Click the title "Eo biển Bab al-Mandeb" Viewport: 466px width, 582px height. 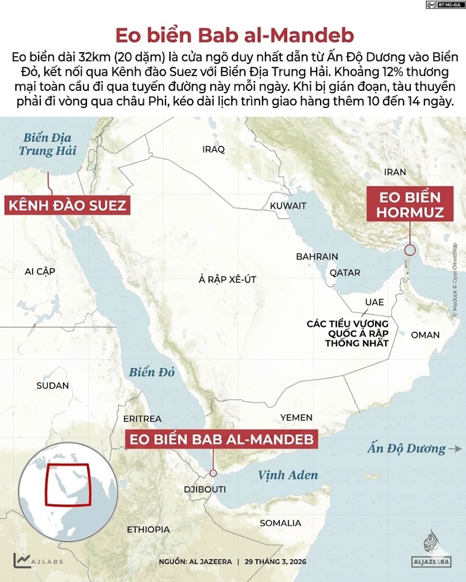[x=234, y=35]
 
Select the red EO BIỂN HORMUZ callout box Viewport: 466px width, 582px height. [x=410, y=205]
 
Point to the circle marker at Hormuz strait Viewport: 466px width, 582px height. [x=409, y=250]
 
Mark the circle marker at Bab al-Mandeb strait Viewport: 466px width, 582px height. [x=213, y=473]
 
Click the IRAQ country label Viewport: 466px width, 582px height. [x=214, y=149]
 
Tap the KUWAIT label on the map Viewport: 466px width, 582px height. [x=288, y=206]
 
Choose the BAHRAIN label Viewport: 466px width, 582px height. [x=317, y=257]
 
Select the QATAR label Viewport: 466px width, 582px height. [x=345, y=273]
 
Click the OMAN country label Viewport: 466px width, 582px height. [x=425, y=335]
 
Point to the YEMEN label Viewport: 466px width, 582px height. [x=296, y=418]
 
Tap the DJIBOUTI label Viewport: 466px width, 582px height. [x=205, y=489]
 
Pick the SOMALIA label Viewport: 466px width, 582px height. [x=280, y=523]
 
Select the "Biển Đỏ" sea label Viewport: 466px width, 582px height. [x=151, y=373]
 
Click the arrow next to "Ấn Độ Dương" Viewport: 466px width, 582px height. [x=455, y=448]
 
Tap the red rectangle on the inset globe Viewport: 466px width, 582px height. [x=68, y=484]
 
